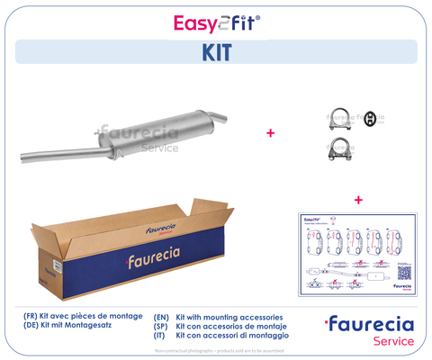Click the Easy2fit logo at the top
[x=215, y=23]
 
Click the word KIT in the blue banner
[x=215, y=52]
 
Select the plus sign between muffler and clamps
[x=270, y=132]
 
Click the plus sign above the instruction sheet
[x=357, y=199]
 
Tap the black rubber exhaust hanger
[x=368, y=119]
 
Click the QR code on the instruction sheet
[x=402, y=270]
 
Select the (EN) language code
[x=162, y=318]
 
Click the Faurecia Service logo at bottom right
[x=369, y=330]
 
